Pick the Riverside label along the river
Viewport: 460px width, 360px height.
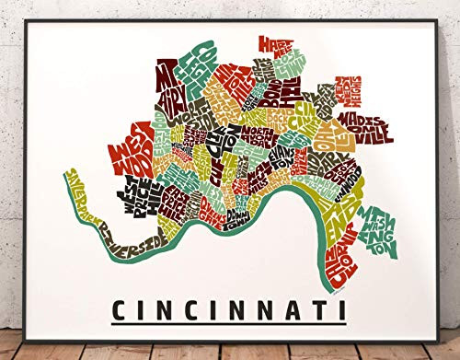pyautogui.click(x=135, y=238)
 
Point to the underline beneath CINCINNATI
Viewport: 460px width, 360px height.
pyautogui.click(x=229, y=323)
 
